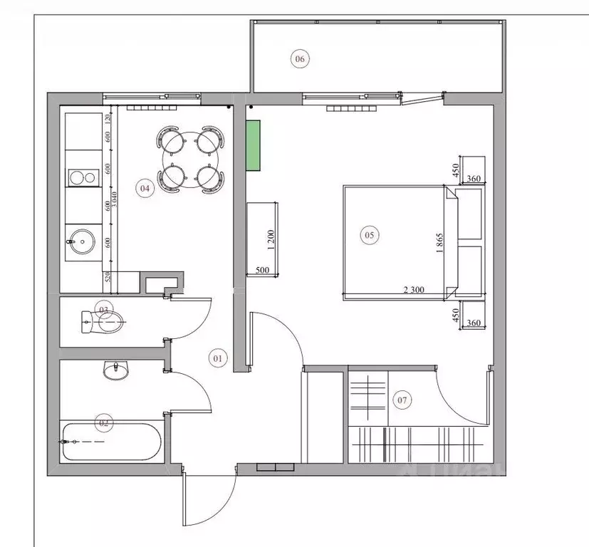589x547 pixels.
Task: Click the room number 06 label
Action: [x=299, y=59]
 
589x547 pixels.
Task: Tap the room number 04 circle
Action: [x=145, y=189]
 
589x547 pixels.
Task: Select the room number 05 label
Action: [x=369, y=234]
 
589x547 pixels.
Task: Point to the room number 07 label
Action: [x=402, y=400]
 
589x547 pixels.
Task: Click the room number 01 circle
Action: [x=218, y=358]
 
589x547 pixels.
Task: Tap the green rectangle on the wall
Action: [x=253, y=145]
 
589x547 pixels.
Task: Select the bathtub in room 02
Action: [x=111, y=442]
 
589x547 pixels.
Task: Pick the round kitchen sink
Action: [x=82, y=241]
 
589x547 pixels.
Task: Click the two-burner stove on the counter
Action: [x=82, y=178]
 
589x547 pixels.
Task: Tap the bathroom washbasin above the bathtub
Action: [x=115, y=370]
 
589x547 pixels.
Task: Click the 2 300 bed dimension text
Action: [x=415, y=290]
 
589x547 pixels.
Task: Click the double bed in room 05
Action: [x=395, y=242]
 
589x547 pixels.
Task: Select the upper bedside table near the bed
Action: [x=471, y=212]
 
